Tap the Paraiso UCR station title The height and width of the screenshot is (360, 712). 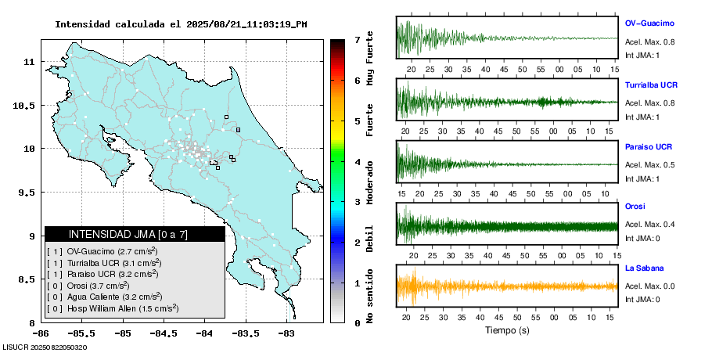coord(649,147)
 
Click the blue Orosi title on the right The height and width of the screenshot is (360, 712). coord(635,207)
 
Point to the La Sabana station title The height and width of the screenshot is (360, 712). coord(644,268)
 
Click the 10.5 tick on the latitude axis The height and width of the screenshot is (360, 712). coord(27,105)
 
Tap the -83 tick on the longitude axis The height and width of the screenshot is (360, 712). coord(286,333)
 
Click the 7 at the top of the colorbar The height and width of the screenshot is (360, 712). coord(357,39)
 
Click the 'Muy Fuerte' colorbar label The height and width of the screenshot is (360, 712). coord(370,57)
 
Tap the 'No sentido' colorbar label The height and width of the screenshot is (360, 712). coord(370,297)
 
